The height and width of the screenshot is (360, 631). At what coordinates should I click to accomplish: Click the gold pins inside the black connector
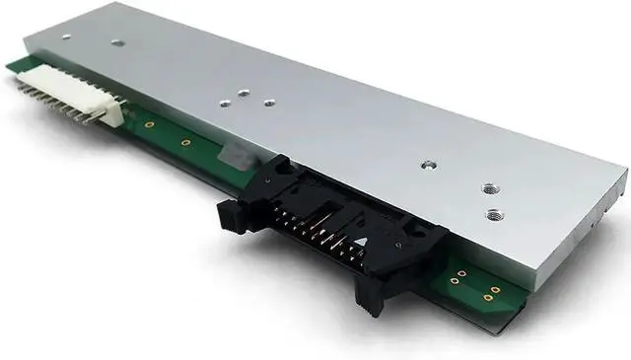315,229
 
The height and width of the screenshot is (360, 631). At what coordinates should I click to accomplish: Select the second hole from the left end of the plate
116,43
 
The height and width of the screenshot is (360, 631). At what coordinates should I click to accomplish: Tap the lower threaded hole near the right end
492,213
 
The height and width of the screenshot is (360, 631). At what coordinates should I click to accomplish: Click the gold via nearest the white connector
149,125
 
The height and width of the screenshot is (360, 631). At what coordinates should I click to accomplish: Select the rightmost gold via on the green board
495,290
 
